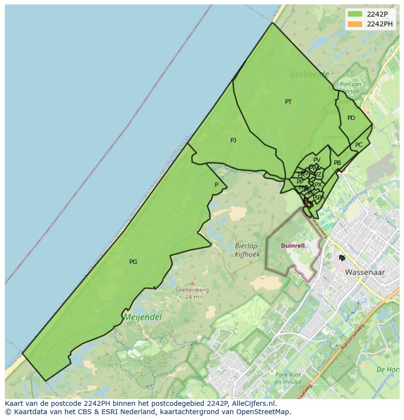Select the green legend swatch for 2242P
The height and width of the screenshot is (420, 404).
[x=355, y=14]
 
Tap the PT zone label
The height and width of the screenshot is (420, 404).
[x=288, y=102]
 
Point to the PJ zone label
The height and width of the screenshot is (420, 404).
[x=233, y=140]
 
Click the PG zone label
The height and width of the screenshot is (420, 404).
[x=133, y=262]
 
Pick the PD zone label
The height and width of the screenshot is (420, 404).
[x=351, y=118]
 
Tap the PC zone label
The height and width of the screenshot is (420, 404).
[x=359, y=145]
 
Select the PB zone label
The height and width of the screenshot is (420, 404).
[x=337, y=163]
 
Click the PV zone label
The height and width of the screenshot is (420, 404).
[x=317, y=160]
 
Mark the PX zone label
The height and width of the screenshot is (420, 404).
[x=318, y=185]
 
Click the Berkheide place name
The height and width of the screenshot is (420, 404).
[x=309, y=74]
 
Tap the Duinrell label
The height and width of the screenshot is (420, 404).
[x=293, y=246]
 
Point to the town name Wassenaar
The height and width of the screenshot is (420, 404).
[x=365, y=272]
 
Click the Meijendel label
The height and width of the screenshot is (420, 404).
[x=142, y=317]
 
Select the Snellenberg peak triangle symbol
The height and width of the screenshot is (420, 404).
[x=192, y=283]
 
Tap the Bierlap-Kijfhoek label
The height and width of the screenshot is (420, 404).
[x=247, y=251]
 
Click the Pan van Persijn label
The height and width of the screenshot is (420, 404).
[x=350, y=88]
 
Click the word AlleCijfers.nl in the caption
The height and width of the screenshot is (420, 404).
[x=253, y=403]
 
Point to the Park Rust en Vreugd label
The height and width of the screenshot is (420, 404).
[x=288, y=379]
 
